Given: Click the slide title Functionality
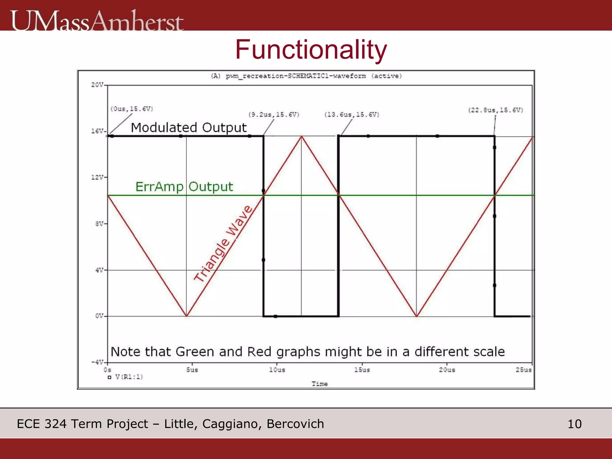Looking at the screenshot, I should point(311,50).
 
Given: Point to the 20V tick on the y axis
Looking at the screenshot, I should point(97,85).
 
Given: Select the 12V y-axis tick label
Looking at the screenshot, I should point(97,177).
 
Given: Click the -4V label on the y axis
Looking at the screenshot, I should point(97,362).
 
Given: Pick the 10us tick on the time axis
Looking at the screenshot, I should point(277,370).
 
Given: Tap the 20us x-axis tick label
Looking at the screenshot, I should point(447,370).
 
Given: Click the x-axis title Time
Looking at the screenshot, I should point(319,384).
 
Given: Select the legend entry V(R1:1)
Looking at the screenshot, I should point(126,377).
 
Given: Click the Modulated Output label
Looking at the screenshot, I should point(189,128).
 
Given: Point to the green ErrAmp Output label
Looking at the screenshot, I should point(184,187).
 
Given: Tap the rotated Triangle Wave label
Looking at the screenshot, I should point(223,244).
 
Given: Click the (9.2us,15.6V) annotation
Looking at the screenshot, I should point(274,115).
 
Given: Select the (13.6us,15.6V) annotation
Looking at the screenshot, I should point(352,115).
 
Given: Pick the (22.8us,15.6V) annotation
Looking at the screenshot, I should point(495,110).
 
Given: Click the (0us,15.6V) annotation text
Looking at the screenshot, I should point(132,109).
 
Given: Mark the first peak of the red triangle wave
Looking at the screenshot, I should point(302,137).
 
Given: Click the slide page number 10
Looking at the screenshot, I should point(574,424).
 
